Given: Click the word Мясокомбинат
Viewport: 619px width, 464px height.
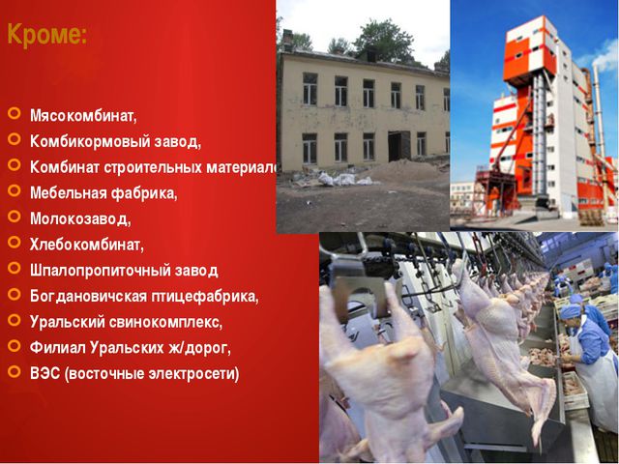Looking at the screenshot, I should (83, 117).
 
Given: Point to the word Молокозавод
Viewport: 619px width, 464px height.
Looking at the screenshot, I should (79, 219).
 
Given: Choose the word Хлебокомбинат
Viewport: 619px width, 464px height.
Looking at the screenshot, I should (86, 245).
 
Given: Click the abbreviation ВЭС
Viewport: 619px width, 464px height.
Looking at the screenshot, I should (44, 373).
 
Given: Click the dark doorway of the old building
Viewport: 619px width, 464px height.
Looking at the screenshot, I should (398, 146).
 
